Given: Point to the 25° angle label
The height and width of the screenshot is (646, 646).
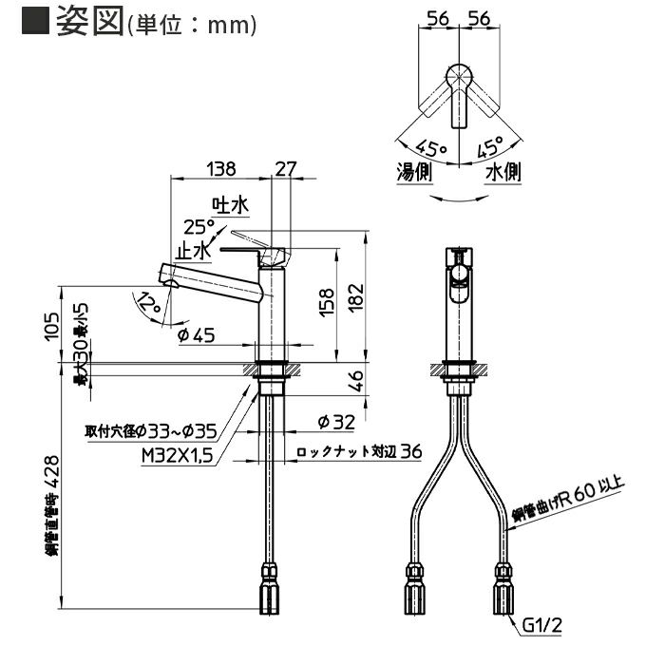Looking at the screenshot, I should [x=199, y=227].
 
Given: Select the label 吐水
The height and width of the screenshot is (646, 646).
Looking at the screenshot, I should [x=230, y=204].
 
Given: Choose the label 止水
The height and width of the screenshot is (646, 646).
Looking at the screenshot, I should [x=193, y=250].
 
